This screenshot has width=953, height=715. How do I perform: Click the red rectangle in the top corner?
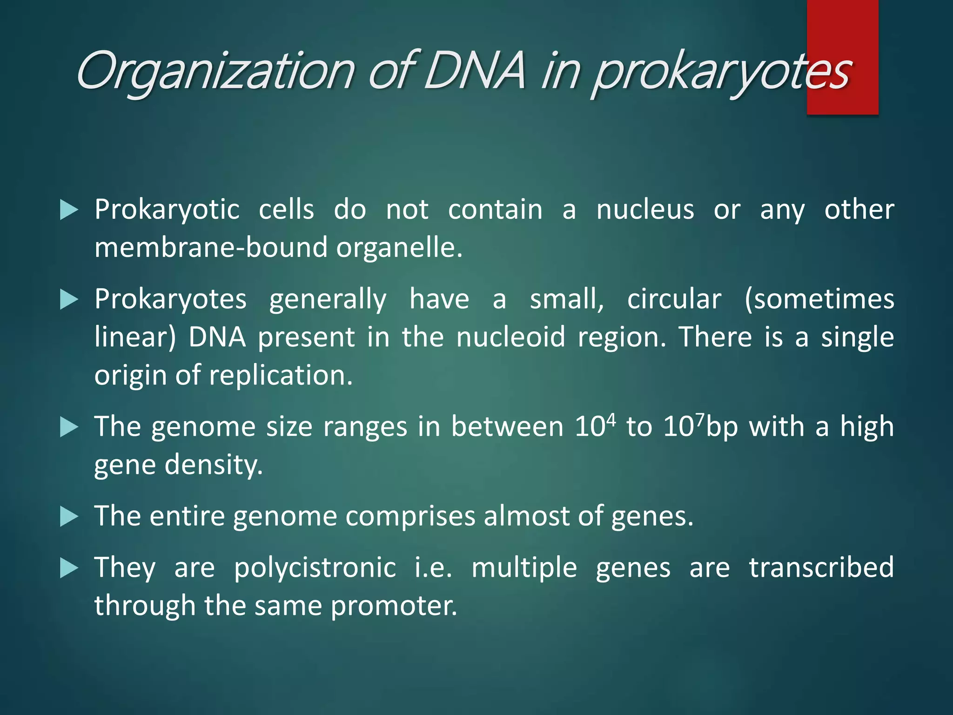842,28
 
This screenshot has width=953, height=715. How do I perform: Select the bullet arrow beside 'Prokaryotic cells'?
69,210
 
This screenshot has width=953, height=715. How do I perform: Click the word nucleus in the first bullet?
645,209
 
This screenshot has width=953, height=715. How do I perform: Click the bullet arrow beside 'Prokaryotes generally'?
69,300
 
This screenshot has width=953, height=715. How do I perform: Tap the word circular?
674,299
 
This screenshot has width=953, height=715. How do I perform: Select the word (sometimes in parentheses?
819,299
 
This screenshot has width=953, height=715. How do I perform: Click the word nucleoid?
510,337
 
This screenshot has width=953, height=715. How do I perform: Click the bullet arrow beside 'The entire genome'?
69,517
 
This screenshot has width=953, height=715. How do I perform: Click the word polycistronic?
315,567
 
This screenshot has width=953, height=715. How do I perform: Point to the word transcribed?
821,567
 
